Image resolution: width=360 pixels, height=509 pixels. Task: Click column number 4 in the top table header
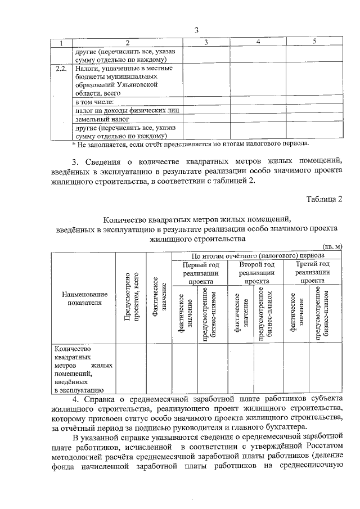click(257, 43)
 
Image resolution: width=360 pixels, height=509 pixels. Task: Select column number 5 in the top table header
click(314, 43)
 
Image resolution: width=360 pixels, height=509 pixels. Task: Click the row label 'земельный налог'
click(98, 120)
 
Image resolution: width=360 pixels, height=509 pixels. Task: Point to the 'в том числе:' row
click(94, 102)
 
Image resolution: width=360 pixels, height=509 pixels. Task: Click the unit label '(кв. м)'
click(332, 246)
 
